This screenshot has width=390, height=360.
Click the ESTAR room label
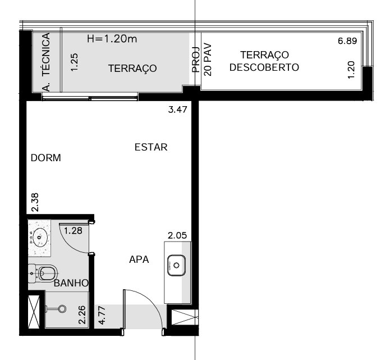click(151, 147)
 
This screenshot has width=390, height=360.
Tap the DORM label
click(46, 158)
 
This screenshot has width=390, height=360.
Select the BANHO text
click(71, 283)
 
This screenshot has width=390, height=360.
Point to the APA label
click(139, 259)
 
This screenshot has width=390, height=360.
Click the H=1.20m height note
click(112, 39)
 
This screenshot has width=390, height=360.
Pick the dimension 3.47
click(177, 110)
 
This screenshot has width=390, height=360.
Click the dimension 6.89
click(347, 41)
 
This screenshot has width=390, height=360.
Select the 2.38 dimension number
click(35, 202)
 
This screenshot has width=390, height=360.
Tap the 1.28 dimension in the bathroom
click(73, 230)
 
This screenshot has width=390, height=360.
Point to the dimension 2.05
click(177, 235)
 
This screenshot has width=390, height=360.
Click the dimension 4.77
click(102, 316)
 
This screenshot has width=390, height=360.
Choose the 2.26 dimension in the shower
click(82, 315)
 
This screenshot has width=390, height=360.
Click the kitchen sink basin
click(176, 266)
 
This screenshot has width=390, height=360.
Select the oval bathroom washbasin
click(39, 238)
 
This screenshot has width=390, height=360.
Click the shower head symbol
click(62, 309)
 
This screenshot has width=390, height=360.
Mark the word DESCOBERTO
click(264, 67)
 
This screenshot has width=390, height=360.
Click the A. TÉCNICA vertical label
click(46, 62)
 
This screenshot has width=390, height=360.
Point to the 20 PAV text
click(208, 60)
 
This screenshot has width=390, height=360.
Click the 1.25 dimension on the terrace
click(75, 62)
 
